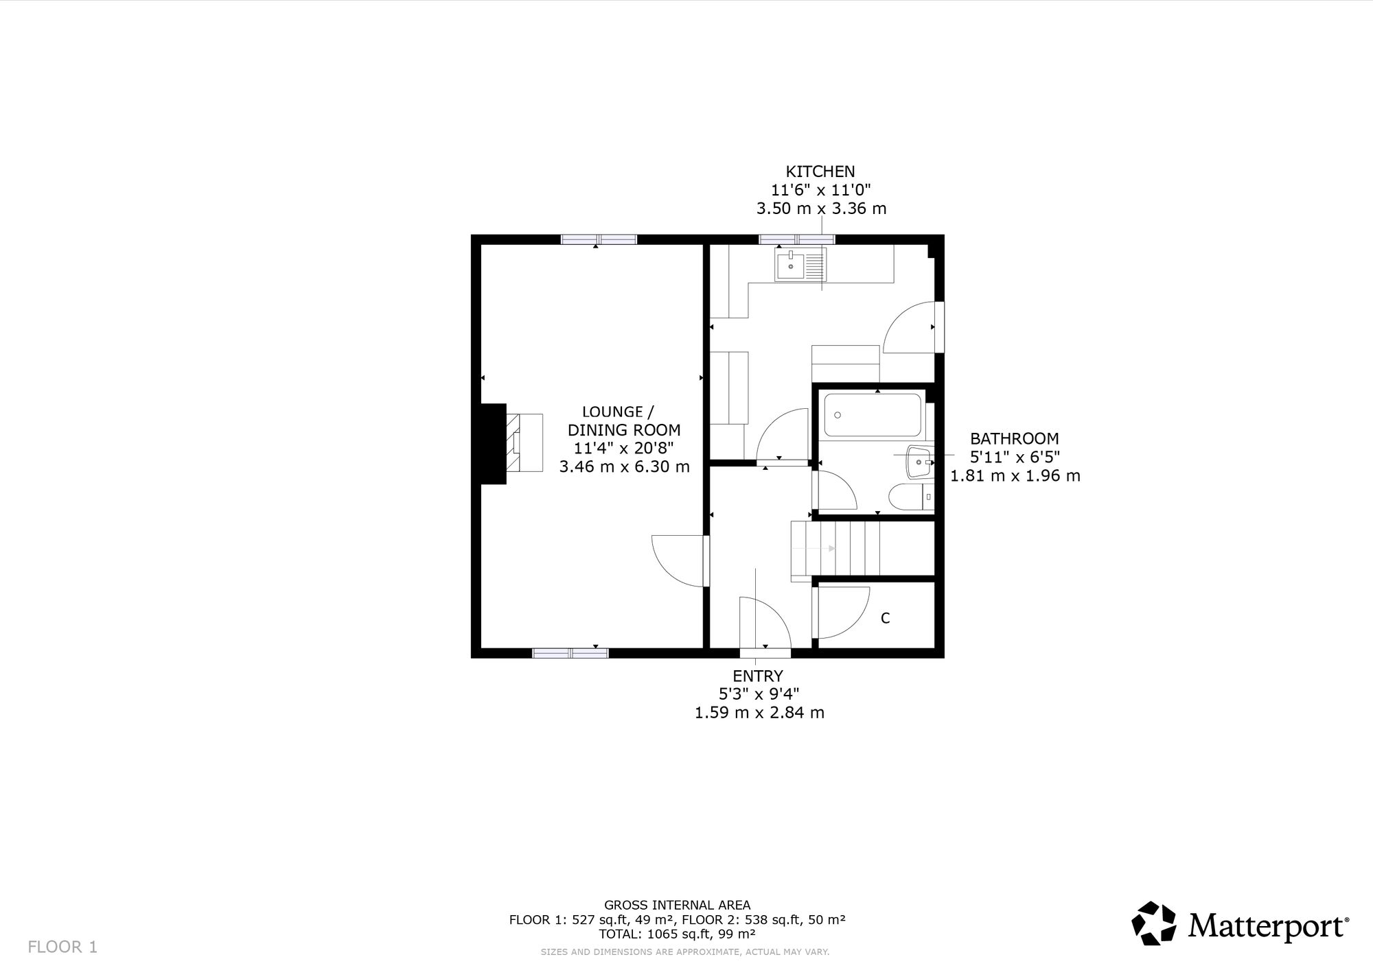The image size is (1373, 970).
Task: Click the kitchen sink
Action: coord(801,265)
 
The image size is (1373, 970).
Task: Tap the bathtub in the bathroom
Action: coord(873,414)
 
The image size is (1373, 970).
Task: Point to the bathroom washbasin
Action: coord(920,462)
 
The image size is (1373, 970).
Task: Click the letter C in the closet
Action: coord(885,618)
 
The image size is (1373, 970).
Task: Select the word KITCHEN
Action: coord(820,171)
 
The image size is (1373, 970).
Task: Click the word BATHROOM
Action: coord(1014,438)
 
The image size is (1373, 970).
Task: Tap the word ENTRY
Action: coord(758,676)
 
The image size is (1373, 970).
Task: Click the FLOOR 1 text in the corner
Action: coord(62,947)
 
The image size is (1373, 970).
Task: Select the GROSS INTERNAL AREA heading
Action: coord(677,905)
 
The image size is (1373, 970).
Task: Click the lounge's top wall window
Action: coord(599,239)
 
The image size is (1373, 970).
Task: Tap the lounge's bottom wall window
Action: coord(570,653)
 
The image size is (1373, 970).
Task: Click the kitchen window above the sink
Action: coord(797,239)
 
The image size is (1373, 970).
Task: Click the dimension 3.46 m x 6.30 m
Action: coord(624,467)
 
